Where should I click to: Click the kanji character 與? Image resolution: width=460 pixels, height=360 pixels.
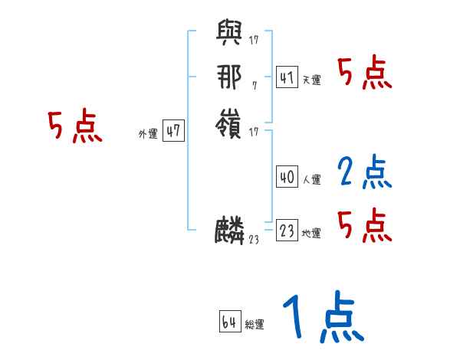[231, 34]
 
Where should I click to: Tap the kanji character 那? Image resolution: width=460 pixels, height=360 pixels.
[230, 76]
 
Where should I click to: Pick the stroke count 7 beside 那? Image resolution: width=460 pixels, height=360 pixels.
[254, 84]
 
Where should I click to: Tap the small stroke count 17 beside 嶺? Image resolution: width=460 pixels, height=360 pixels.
[254, 133]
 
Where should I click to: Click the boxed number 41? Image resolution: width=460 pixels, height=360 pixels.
[287, 77]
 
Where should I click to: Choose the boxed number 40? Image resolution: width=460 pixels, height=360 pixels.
[287, 177]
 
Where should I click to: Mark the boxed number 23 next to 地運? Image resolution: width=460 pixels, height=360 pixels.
[287, 231]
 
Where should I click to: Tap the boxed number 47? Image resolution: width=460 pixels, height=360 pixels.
[173, 132]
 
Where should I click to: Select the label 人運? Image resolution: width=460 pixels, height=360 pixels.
[311, 180]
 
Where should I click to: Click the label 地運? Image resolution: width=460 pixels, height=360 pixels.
[311, 234]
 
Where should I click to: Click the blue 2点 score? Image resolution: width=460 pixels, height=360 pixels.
[365, 172]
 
